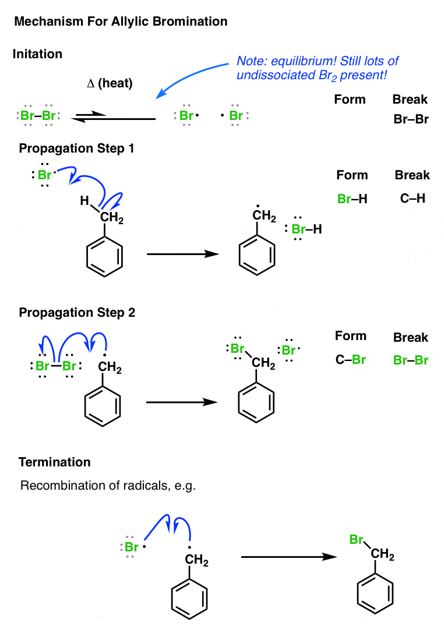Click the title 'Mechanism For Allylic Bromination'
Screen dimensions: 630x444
tap(121, 22)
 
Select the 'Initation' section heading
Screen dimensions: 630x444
tap(37, 54)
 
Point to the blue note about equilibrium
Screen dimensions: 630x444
tap(318, 68)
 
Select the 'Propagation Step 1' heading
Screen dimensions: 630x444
tap(77, 148)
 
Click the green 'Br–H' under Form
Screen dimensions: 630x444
tap(352, 199)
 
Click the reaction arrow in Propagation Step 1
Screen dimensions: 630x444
tap(182, 254)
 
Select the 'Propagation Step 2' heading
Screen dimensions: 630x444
tap(77, 313)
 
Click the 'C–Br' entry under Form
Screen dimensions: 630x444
tap(351, 360)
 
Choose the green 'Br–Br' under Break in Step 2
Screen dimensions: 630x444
tap(411, 360)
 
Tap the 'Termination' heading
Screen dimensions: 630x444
tap(55, 462)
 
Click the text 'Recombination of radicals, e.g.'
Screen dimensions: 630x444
tap(108, 486)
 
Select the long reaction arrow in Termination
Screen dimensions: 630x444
tap(289, 557)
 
